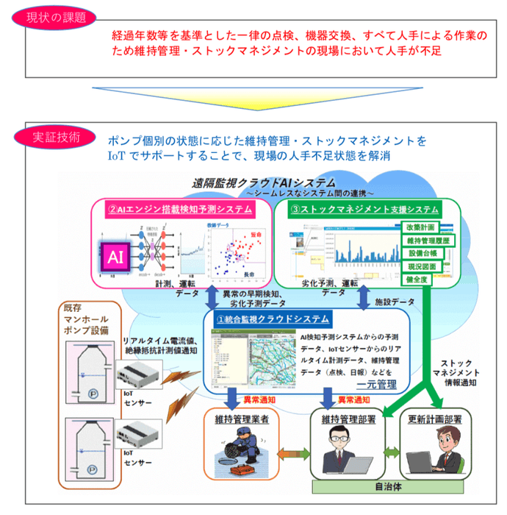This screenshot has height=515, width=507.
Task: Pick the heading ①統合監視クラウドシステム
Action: [273, 320]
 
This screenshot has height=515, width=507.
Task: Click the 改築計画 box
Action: [425, 227]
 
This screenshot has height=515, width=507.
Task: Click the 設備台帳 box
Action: [425, 253]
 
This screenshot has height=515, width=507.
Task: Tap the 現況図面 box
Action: [425, 266]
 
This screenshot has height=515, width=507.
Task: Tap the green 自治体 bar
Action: [389, 487]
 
